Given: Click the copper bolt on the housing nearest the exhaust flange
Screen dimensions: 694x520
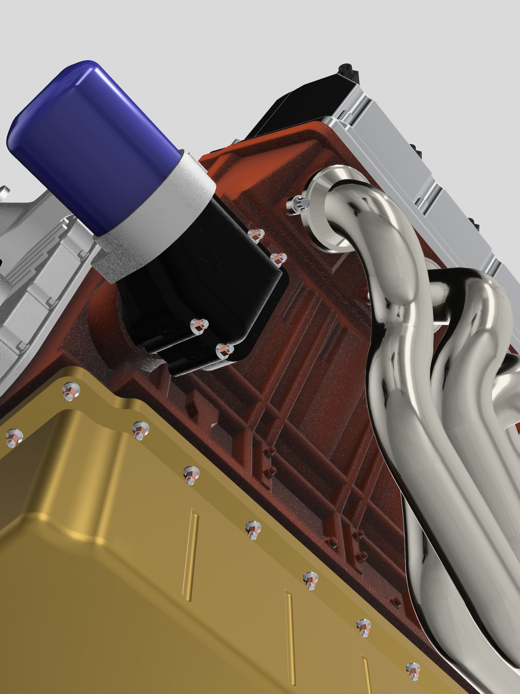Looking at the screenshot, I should pos(277,259).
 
